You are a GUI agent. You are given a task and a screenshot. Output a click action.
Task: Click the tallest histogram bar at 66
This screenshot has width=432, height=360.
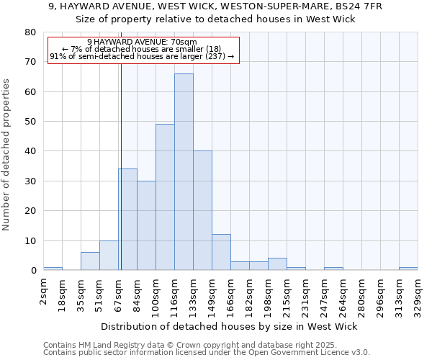[x=184, y=173]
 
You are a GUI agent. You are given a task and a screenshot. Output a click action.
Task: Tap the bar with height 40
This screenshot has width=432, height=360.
[x=202, y=211]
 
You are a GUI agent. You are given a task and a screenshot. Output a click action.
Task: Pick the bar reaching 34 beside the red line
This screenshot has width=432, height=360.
[x=128, y=220]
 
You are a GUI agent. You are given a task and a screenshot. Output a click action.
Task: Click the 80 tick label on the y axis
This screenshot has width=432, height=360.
[x=30, y=32]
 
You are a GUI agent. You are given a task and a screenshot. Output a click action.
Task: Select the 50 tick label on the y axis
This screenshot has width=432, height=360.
[x=30, y=122]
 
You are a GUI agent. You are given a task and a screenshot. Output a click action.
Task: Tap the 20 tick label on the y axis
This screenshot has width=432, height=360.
[x=30, y=211]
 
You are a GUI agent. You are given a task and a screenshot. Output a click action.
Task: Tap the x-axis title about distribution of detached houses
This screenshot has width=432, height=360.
[x=229, y=326]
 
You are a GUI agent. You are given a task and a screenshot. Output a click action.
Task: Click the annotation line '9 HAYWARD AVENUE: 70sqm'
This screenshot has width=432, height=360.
[x=142, y=42]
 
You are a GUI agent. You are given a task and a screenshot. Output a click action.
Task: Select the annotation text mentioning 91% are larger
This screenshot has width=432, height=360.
[x=142, y=56]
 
